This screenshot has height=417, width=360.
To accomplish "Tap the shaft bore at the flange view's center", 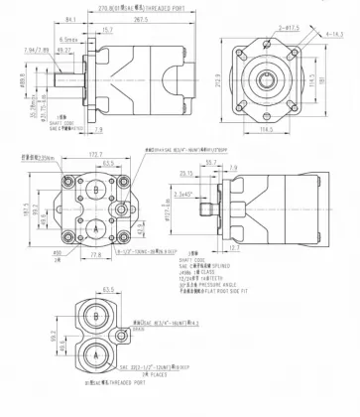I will pos(272,76).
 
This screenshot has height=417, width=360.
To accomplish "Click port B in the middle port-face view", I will pos(91,190).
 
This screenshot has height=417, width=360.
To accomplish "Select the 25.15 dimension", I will pos(215,173).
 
